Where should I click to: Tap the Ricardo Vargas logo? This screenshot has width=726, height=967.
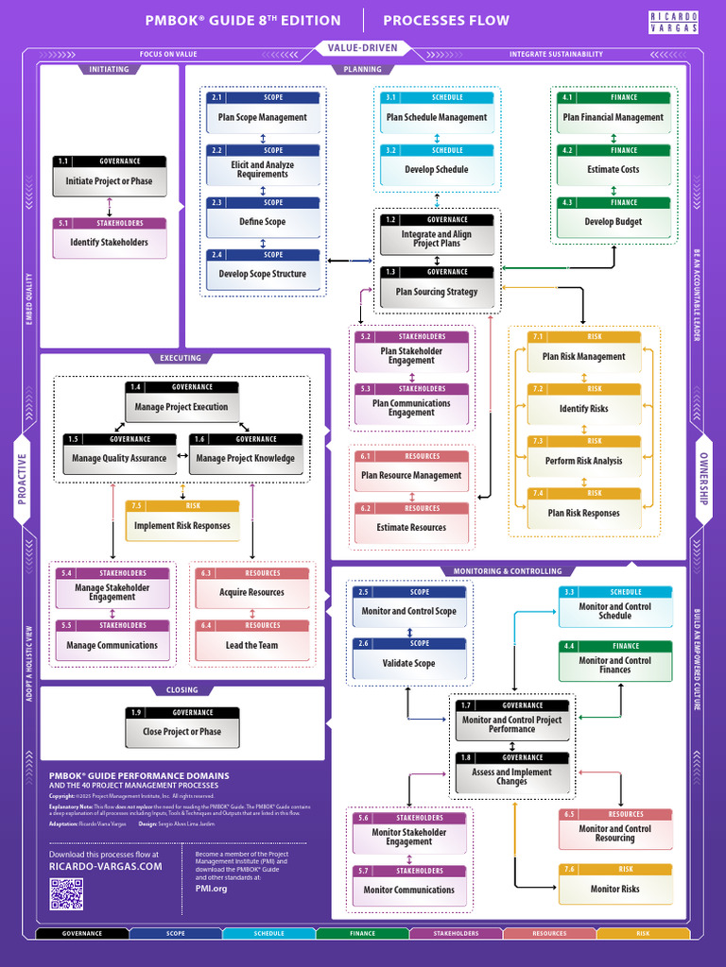tap(674, 21)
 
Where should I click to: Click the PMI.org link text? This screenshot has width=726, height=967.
tap(211, 889)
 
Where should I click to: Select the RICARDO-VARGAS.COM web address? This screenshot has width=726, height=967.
tap(105, 867)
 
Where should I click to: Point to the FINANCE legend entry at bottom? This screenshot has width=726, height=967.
tap(362, 934)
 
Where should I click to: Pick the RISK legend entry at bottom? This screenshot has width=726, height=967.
tap(643, 934)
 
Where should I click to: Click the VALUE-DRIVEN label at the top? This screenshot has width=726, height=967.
tap(363, 48)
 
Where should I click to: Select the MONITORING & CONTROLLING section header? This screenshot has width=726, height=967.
tap(508, 571)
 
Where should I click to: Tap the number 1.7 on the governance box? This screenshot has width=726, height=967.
tap(466, 705)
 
